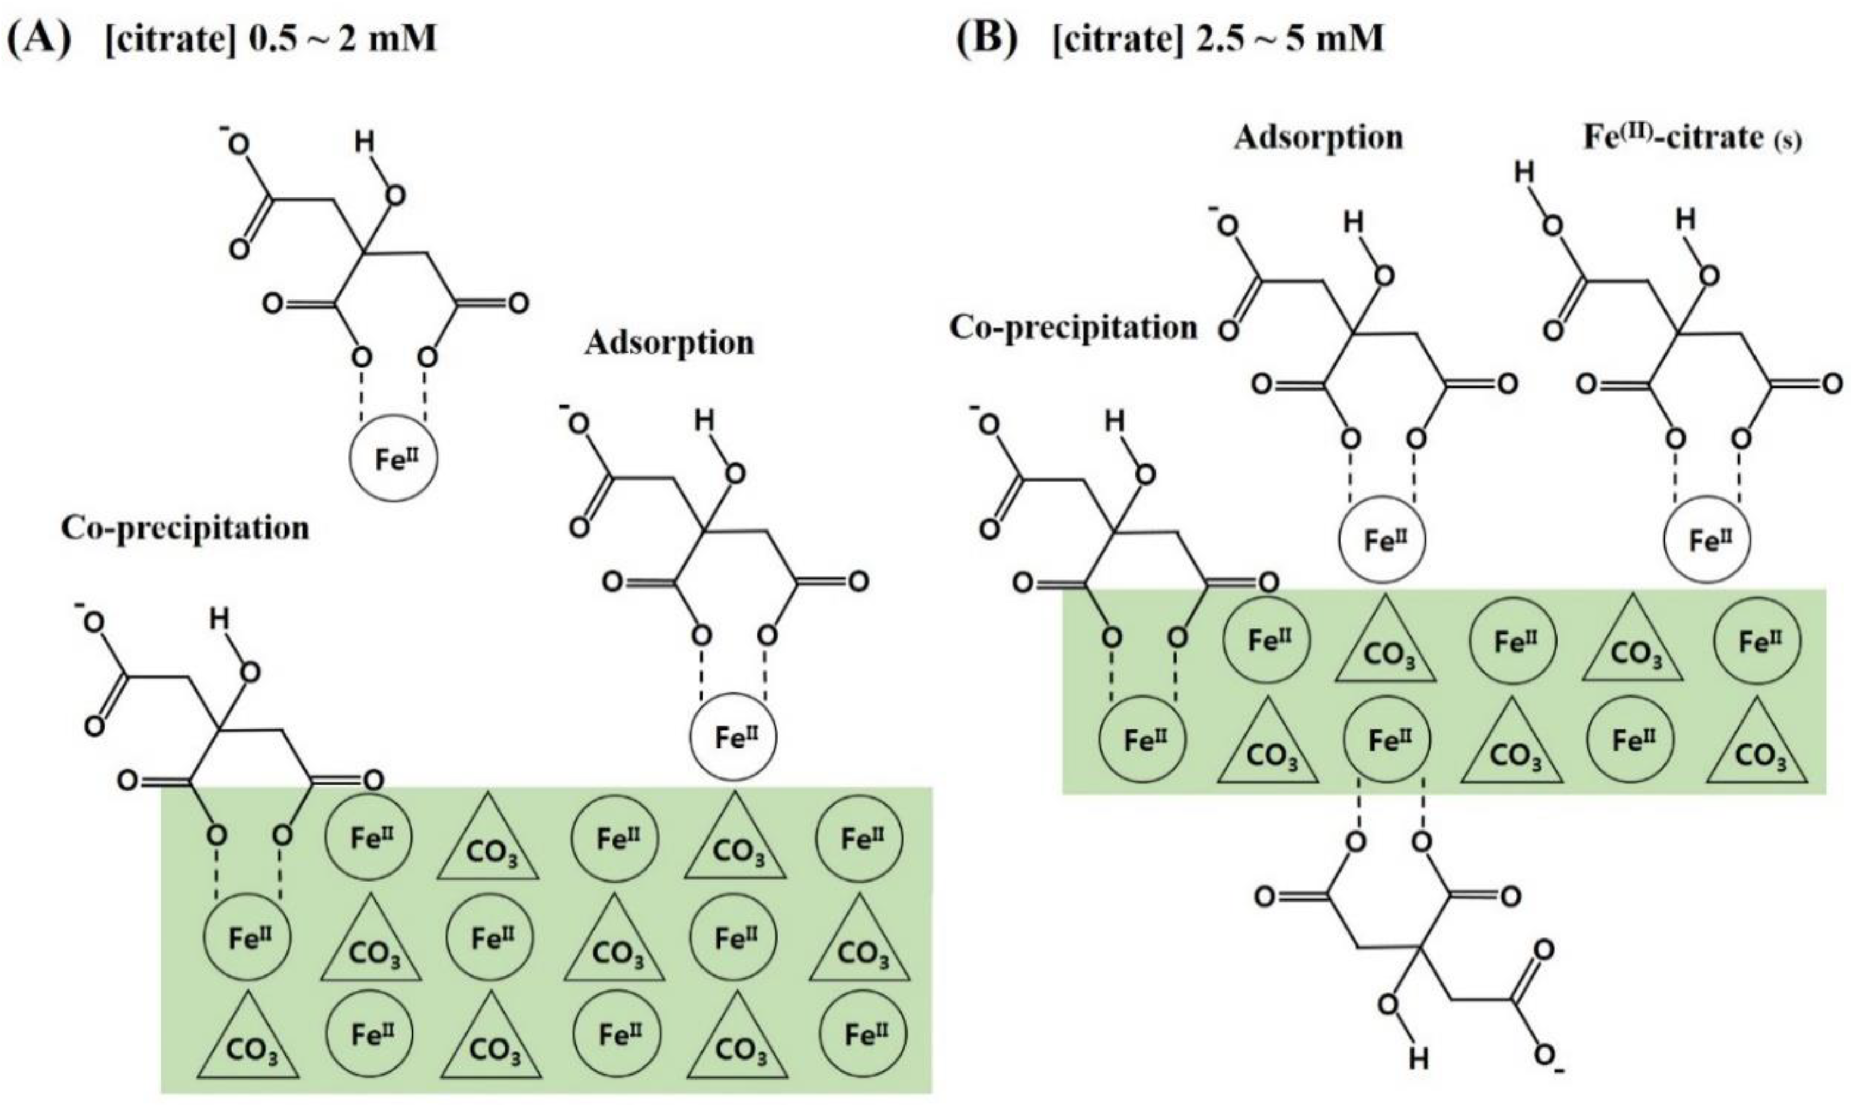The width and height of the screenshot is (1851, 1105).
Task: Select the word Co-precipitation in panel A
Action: (x=184, y=528)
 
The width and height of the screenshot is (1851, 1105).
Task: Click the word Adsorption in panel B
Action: (x=1318, y=138)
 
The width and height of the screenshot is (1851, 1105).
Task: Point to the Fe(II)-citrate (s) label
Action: (x=1691, y=139)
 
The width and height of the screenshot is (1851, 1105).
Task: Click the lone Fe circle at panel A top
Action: (x=394, y=459)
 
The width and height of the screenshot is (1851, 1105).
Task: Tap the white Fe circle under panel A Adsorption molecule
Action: (x=734, y=737)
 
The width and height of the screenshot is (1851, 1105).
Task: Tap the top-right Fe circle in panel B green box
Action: (x=1758, y=640)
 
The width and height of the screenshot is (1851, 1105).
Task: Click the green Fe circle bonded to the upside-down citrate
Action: (x=1387, y=739)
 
